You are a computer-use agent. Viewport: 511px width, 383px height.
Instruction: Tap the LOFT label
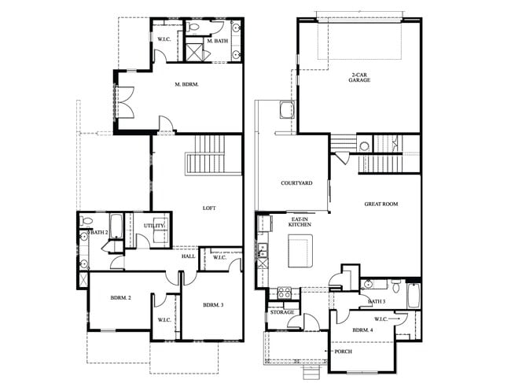click(209, 208)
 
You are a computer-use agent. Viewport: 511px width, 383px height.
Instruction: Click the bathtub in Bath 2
click(114, 226)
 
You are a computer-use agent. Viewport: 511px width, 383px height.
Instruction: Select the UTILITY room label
click(154, 226)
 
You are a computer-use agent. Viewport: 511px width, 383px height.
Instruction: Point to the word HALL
click(189, 256)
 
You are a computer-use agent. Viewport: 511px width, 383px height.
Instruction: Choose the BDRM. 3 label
click(213, 305)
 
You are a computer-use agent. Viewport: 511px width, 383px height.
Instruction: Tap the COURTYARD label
click(296, 183)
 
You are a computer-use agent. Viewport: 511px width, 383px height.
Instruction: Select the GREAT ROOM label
click(380, 204)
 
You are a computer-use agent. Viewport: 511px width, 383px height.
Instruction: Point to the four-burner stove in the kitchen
click(285, 293)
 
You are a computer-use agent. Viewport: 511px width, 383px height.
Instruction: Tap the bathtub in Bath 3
click(412, 296)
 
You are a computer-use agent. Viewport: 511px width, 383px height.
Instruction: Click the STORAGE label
click(282, 312)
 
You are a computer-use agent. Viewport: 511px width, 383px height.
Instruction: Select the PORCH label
click(342, 351)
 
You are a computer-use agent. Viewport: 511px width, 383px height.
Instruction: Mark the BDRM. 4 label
click(362, 330)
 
